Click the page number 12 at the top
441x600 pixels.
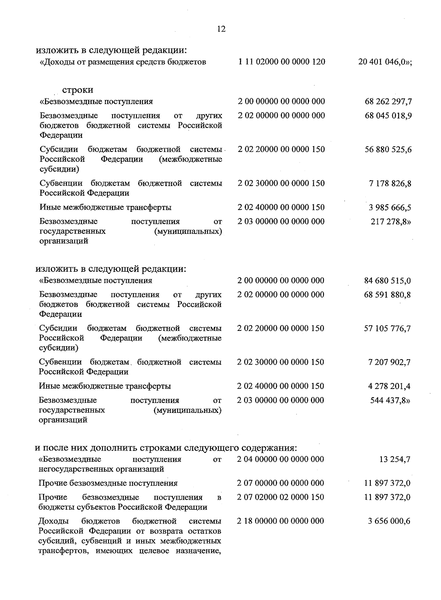(x=221, y=29)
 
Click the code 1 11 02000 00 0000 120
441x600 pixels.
(x=282, y=62)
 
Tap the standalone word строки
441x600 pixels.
(x=78, y=90)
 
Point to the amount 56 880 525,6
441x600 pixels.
(x=388, y=150)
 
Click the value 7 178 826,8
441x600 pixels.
(x=390, y=183)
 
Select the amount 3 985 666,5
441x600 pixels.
(x=390, y=208)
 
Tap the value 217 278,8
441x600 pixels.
(x=391, y=222)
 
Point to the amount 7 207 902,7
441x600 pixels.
(x=389, y=362)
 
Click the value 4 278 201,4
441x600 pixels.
(x=389, y=386)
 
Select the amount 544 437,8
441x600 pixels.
(x=390, y=400)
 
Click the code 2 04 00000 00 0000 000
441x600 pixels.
(x=281, y=459)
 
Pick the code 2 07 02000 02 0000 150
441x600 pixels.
(x=281, y=497)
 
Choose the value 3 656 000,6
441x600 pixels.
(x=389, y=521)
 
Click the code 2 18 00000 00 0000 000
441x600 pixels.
(x=281, y=521)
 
